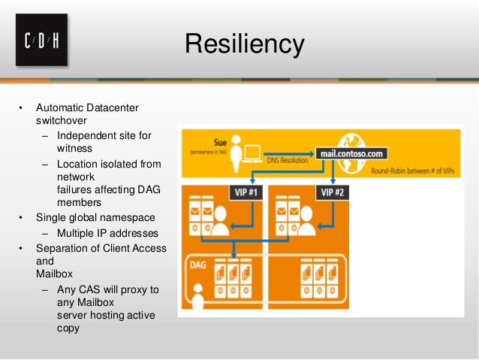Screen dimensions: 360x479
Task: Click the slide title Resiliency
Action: point(245,44)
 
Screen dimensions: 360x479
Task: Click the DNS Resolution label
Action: point(288,159)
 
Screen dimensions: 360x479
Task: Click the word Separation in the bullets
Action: point(62,248)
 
